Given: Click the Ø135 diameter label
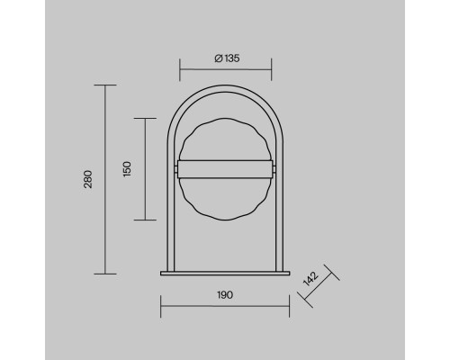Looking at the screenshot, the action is click(x=227, y=58).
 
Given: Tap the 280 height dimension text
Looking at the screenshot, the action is click(x=88, y=179).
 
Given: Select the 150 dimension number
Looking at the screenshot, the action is click(x=127, y=169).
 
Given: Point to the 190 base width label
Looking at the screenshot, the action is click(x=225, y=295).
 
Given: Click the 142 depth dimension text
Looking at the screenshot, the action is click(x=310, y=279).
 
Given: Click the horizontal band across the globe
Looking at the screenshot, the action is click(x=225, y=169).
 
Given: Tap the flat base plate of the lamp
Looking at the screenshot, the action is click(x=225, y=273).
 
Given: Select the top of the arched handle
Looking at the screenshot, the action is click(x=225, y=88).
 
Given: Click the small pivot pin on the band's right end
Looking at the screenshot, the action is click(x=274, y=169).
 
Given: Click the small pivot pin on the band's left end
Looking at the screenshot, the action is click(x=176, y=169).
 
